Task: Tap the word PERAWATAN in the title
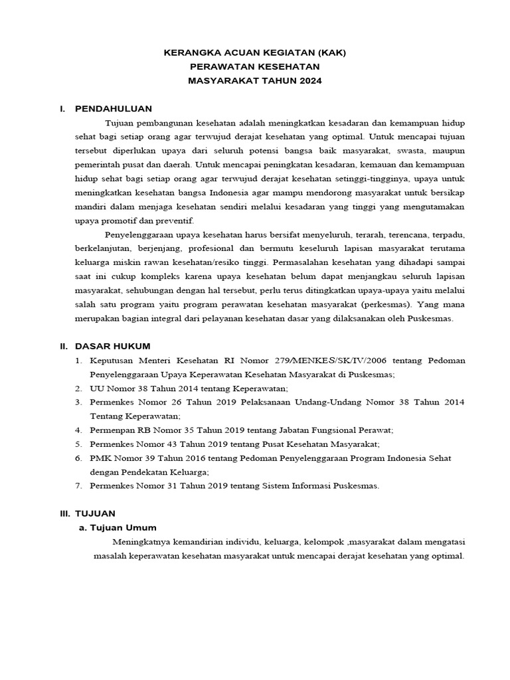pos(221,66)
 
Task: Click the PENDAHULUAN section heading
pos(114,108)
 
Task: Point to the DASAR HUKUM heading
pos(113,346)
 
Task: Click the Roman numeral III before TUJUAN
pos(64,513)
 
